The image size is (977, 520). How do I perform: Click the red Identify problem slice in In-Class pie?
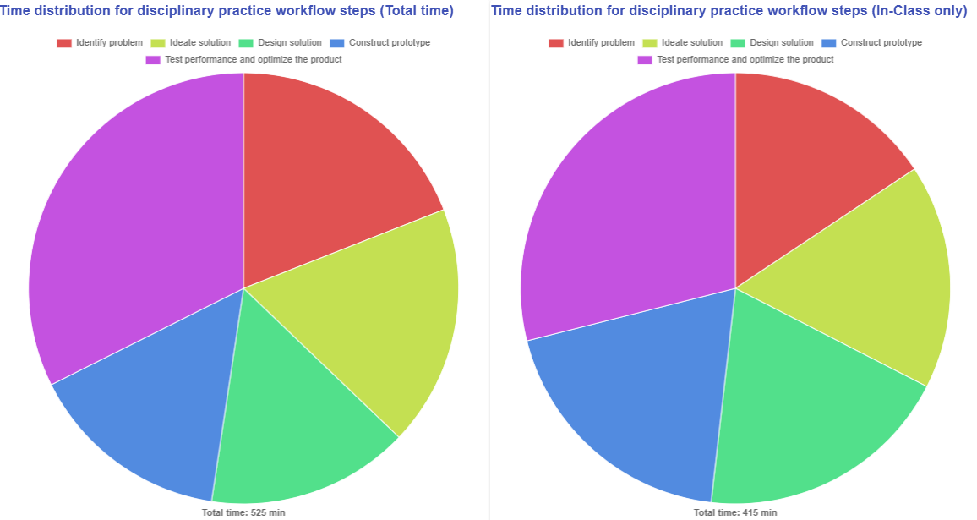pos(803,169)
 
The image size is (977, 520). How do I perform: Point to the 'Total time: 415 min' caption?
pos(735,512)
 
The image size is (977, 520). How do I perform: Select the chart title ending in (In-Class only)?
pos(729,11)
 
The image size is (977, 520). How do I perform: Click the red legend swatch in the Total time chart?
pos(64,43)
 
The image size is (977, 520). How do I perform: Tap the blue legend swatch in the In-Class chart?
pos(828,43)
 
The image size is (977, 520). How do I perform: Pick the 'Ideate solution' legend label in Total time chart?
pos(199,43)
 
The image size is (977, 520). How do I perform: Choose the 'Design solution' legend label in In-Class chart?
pos(782,43)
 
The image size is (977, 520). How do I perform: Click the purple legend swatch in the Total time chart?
pos(153,60)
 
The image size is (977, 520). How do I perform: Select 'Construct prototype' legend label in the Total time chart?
pos(390,43)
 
